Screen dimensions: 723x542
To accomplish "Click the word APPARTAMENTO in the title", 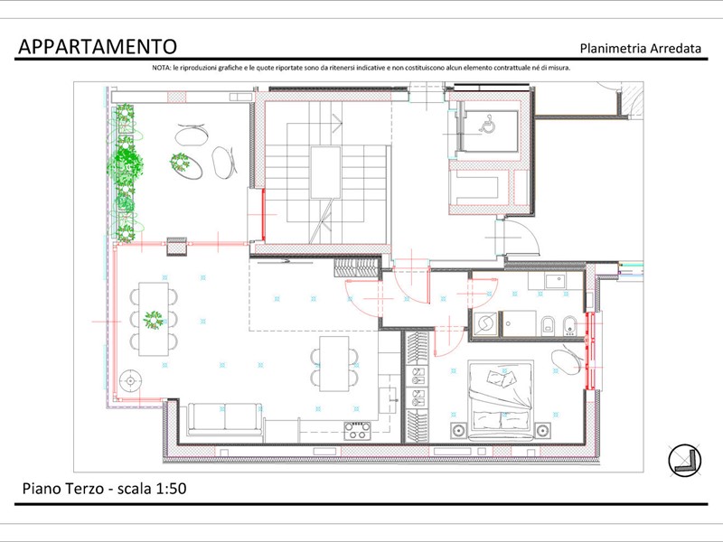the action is (98, 47).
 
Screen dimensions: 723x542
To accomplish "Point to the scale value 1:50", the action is (171, 489).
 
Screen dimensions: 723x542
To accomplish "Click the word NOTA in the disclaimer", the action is (161, 68).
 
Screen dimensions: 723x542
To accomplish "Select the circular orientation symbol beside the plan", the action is (685, 461).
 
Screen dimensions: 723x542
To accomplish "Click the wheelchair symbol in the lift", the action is (486, 125).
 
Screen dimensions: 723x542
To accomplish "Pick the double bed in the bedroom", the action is (502, 400).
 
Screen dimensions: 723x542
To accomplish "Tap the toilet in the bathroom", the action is (548, 324).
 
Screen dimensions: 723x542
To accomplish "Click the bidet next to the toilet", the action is (570, 325).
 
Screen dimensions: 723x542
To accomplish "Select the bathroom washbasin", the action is (555, 280).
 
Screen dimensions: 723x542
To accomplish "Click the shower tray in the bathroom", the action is (519, 323).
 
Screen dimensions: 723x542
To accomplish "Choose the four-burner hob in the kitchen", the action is (357, 431).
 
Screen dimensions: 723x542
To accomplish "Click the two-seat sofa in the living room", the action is (225, 419).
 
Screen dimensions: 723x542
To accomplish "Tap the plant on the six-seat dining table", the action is (153, 320).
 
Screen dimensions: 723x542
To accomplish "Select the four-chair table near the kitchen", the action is (334, 364).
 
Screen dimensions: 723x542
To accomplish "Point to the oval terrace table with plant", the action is (185, 165).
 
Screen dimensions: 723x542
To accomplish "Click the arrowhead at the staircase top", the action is (337, 123).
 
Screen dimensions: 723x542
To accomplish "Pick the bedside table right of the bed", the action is (543, 431).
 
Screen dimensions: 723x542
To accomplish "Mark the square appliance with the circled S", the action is (485, 324).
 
